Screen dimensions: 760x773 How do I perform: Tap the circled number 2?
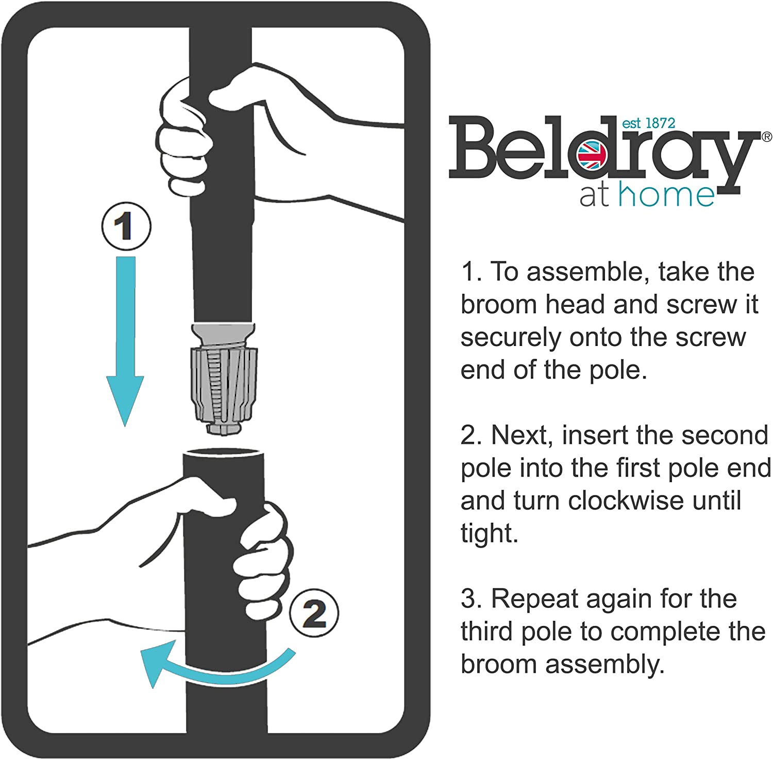[314, 613]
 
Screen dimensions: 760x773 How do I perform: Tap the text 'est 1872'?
[648, 123]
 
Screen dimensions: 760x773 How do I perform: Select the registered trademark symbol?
[766, 137]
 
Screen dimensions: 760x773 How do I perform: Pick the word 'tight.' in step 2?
[489, 533]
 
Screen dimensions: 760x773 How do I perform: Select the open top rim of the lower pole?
[224, 453]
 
